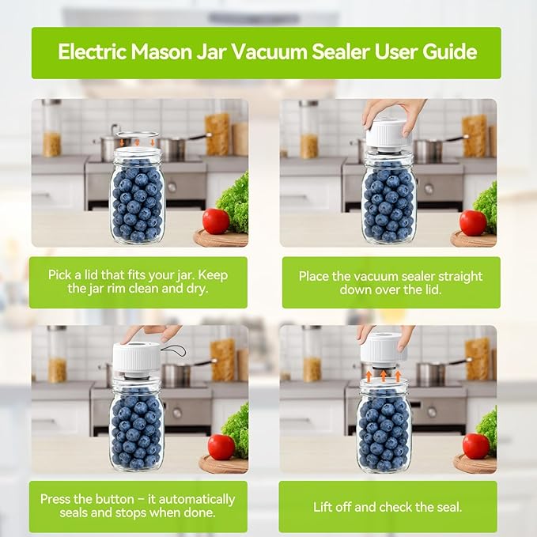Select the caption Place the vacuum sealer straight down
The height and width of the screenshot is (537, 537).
pyautogui.click(x=390, y=282)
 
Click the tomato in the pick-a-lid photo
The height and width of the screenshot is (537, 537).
pyautogui.click(x=216, y=221)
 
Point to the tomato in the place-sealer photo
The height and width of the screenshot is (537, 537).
pyautogui.click(x=473, y=222)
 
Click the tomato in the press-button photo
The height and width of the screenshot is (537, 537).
pyautogui.click(x=221, y=447)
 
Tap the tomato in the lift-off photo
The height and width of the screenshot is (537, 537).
pyautogui.click(x=475, y=446)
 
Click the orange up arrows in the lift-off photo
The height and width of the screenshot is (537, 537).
pyautogui.click(x=384, y=374)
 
